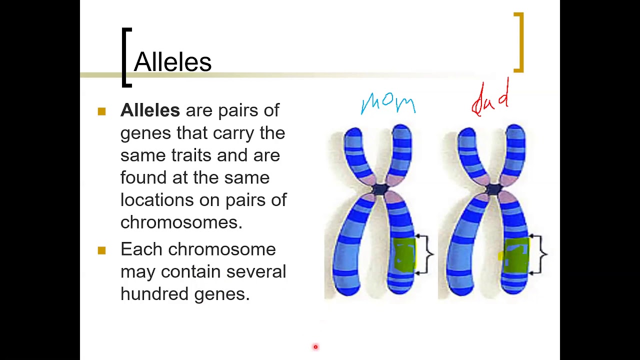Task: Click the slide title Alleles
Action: [172, 62]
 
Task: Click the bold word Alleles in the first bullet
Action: [150, 110]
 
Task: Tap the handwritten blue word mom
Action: [388, 103]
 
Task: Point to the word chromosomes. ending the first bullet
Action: [181, 222]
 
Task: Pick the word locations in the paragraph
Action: [157, 199]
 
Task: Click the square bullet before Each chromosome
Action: [102, 250]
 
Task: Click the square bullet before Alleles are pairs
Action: [102, 111]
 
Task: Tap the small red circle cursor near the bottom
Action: [315, 346]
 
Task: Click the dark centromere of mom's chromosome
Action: [380, 189]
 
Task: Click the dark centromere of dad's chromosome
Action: [494, 189]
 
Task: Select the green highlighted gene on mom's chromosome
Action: [404, 255]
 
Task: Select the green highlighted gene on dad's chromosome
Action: [516, 255]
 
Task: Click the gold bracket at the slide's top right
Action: [520, 42]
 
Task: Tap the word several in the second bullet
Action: [256, 271]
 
